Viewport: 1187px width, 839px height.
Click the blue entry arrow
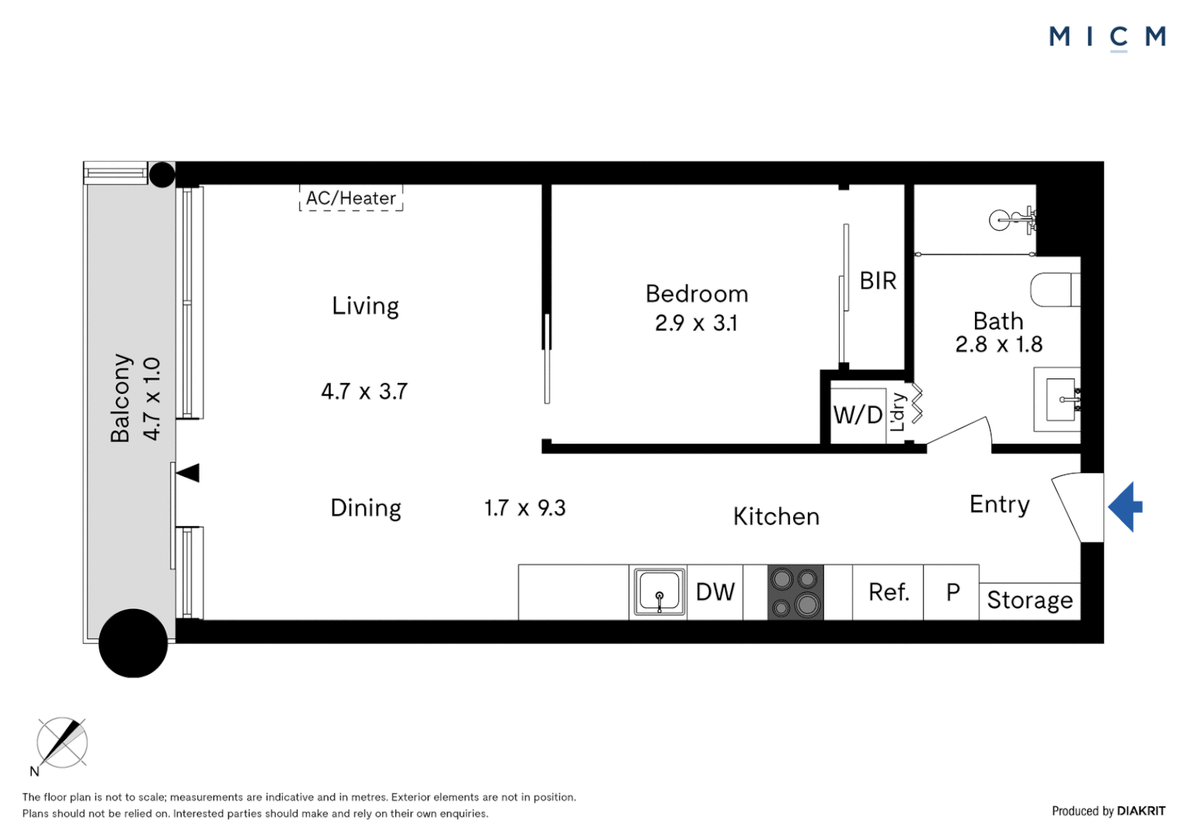pos(1125,507)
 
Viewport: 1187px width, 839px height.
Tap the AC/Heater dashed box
pos(351,197)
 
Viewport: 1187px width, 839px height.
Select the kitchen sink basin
pos(659,592)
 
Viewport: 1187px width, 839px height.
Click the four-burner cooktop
pos(795,592)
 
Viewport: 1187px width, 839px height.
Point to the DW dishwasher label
pos(715,592)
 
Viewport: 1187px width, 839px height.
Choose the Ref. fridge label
pos(889,592)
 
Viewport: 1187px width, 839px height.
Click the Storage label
pos(1029,600)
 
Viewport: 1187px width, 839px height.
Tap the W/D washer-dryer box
pos(858,416)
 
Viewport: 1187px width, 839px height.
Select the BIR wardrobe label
pos(878,281)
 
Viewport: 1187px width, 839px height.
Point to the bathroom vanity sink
pos(1060,399)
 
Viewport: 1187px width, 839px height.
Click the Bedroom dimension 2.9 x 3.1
pos(696,322)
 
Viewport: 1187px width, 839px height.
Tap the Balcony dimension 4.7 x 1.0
pos(151,399)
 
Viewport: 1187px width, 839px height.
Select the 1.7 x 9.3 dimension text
pos(524,508)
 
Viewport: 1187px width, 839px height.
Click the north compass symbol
pos(62,743)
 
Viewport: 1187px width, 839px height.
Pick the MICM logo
pos(1108,37)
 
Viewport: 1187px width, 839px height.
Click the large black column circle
pos(133,643)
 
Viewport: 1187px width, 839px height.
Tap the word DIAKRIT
pos(1141,811)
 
